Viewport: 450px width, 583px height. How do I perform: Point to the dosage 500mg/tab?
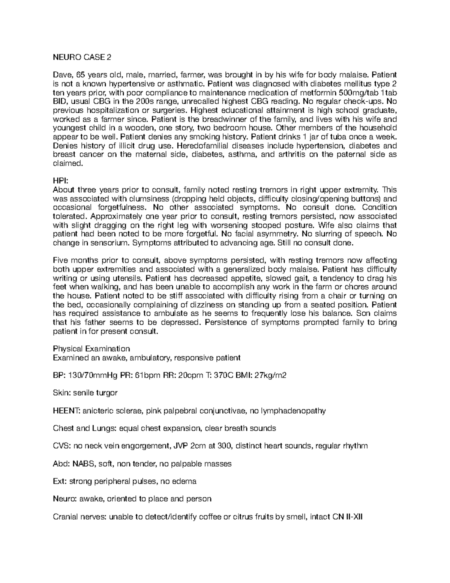point(356,93)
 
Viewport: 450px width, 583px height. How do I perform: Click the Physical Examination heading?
point(91,349)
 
